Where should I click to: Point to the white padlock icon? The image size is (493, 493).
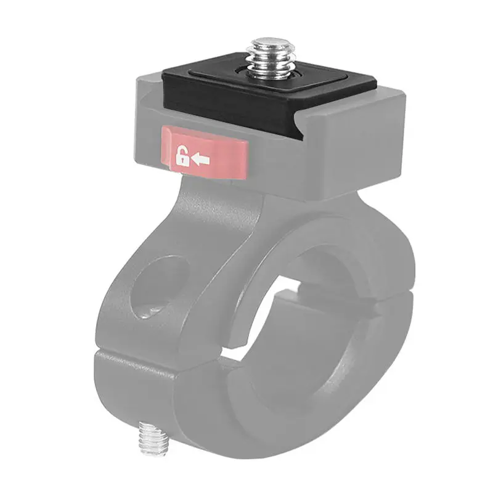point(182,157)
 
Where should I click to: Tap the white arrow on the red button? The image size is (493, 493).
point(201,160)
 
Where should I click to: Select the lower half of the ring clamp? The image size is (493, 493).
point(246,419)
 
